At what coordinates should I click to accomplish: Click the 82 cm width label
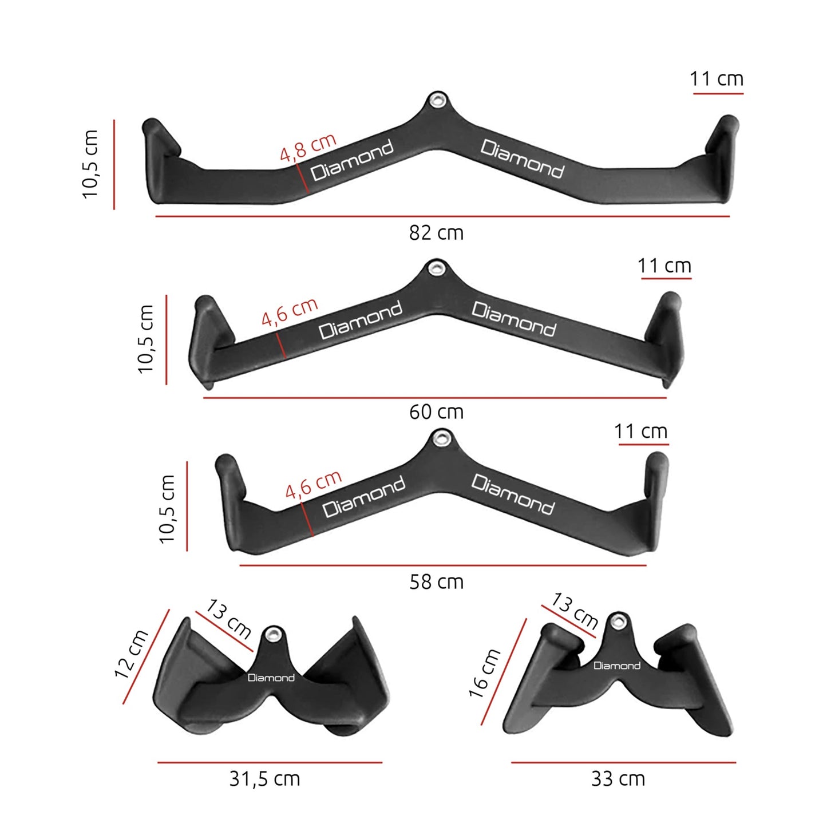click(x=436, y=233)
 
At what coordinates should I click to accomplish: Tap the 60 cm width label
click(x=436, y=411)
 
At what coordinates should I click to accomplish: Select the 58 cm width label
click(x=436, y=582)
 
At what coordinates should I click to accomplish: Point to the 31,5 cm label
click(x=264, y=779)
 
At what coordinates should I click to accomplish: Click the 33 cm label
click(x=618, y=779)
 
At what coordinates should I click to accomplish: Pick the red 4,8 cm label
click(x=308, y=148)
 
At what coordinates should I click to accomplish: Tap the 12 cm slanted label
click(x=131, y=654)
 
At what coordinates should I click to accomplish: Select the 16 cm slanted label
click(x=485, y=674)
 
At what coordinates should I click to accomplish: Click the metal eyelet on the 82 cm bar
click(x=437, y=101)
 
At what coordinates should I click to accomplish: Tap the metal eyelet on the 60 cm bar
click(x=437, y=268)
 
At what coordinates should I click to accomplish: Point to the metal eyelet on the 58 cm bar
click(x=440, y=439)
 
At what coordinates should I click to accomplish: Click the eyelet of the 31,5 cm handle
click(x=274, y=634)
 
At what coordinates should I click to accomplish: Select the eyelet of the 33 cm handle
click(x=617, y=620)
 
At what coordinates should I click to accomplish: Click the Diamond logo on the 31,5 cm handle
click(x=271, y=678)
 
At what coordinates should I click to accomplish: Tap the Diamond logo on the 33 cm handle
click(x=616, y=666)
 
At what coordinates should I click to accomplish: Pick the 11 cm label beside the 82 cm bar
click(x=717, y=79)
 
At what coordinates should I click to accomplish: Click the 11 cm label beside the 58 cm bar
click(x=640, y=431)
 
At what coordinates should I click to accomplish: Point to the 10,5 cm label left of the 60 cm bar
click(x=146, y=339)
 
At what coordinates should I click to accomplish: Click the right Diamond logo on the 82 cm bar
click(x=522, y=159)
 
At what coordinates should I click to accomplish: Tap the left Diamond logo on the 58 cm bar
click(x=363, y=496)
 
